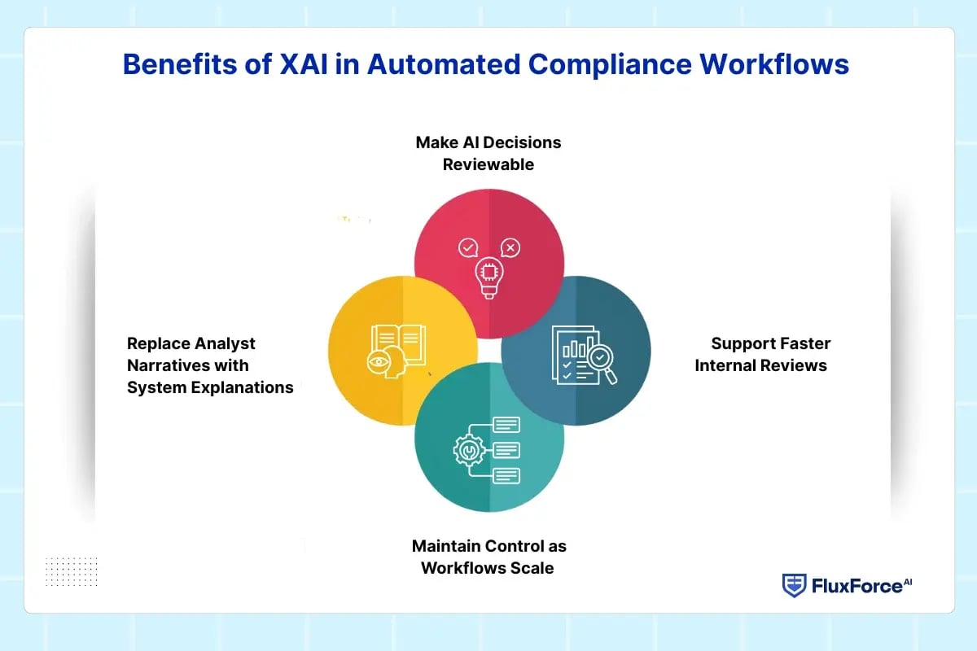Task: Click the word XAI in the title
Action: pos(309,64)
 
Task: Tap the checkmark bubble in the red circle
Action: pos(467,247)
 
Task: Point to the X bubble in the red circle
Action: pos(510,247)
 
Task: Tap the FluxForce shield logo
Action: pos(794,585)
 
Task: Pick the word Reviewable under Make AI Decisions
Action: pos(488,164)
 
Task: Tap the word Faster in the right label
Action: pos(803,343)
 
